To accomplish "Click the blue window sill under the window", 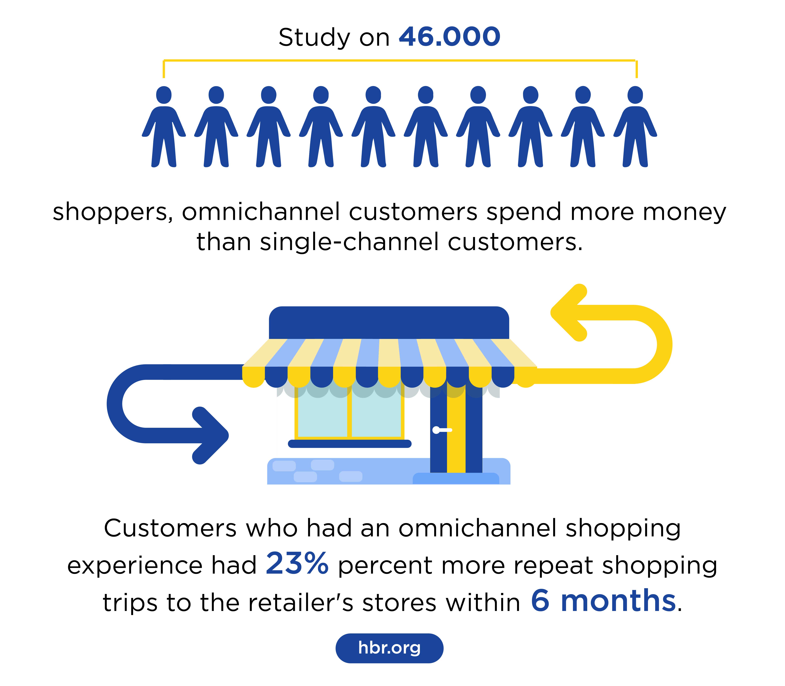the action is [x=349, y=444].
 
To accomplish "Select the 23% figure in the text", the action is [x=297, y=564].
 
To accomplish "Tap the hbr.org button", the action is [x=389, y=648].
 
